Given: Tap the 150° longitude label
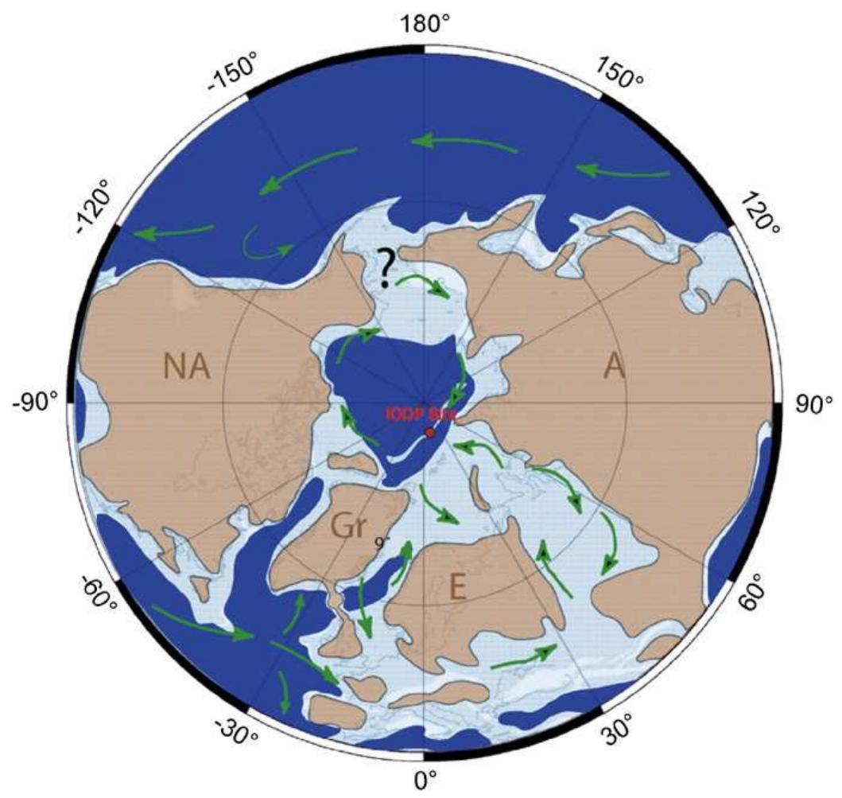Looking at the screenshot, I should pos(619,76).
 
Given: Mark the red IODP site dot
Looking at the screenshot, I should pos(430,433).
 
